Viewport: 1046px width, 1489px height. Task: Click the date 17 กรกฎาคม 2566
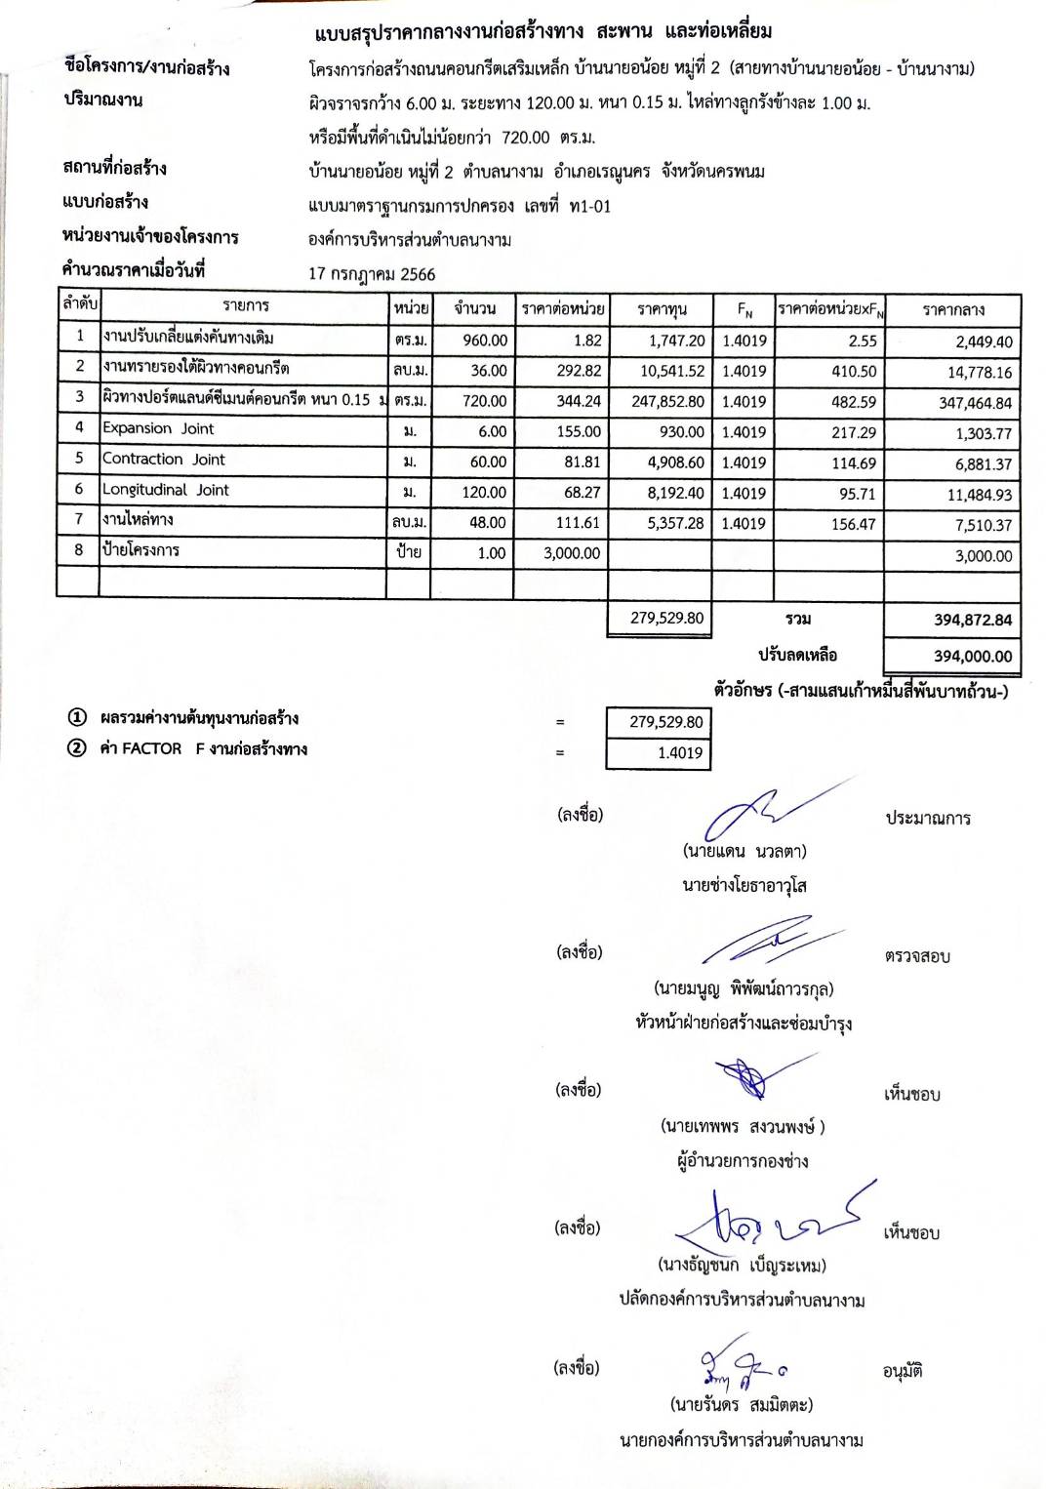click(372, 274)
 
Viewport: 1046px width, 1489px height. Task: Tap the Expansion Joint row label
click(158, 428)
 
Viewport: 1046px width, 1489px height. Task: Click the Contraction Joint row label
click(164, 459)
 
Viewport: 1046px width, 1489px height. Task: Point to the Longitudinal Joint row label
click(166, 490)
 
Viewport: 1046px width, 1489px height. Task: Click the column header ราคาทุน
click(662, 309)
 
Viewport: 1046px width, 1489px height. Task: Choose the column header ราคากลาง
click(953, 309)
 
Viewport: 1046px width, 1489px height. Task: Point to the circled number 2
click(76, 748)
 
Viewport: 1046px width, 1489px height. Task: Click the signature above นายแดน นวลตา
click(761, 809)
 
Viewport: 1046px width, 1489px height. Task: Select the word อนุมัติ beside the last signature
click(903, 1371)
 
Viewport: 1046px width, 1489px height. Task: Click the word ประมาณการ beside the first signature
click(928, 819)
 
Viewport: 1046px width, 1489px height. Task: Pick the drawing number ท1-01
click(589, 206)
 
